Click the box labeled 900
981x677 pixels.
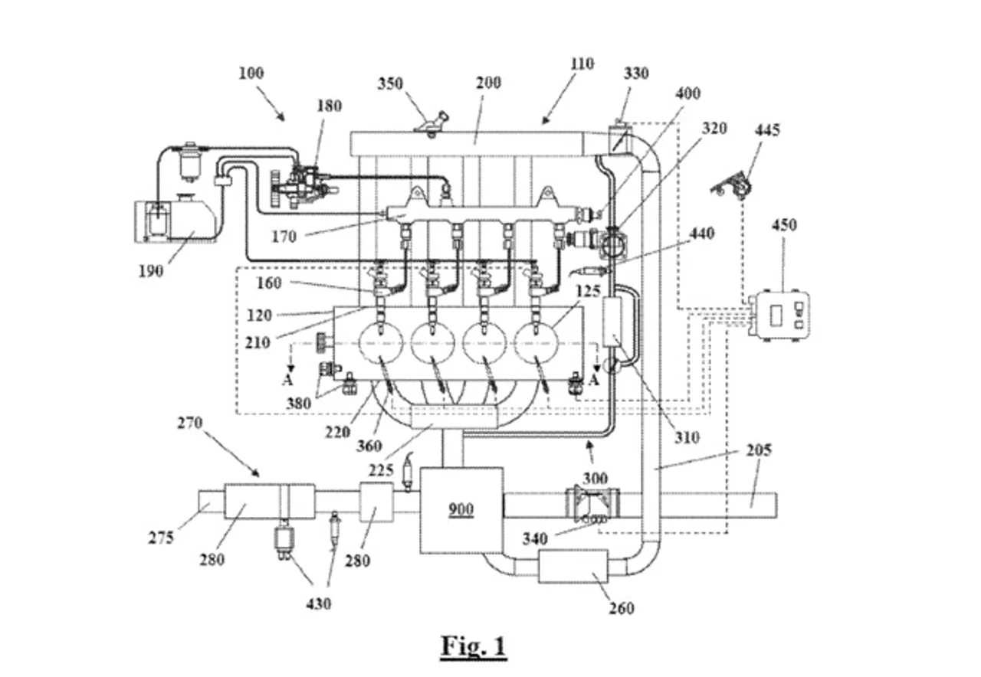click(x=461, y=510)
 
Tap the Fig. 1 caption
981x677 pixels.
click(x=474, y=646)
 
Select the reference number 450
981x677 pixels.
click(x=784, y=225)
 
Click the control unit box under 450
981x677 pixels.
click(x=779, y=315)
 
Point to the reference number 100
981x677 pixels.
click(x=251, y=73)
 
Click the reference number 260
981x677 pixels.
click(x=622, y=608)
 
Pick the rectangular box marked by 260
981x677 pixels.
click(x=573, y=566)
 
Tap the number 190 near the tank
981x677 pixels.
click(x=151, y=272)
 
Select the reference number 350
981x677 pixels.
click(x=390, y=83)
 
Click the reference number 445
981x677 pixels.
click(x=767, y=130)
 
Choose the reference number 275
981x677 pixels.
click(x=161, y=538)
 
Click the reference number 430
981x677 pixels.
click(x=318, y=604)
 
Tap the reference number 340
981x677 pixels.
click(x=535, y=539)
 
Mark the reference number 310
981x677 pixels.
click(x=687, y=437)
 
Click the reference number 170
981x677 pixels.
click(x=284, y=237)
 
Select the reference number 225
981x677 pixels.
click(x=381, y=470)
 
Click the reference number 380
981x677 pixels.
click(x=299, y=404)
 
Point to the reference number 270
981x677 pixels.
click(x=189, y=424)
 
